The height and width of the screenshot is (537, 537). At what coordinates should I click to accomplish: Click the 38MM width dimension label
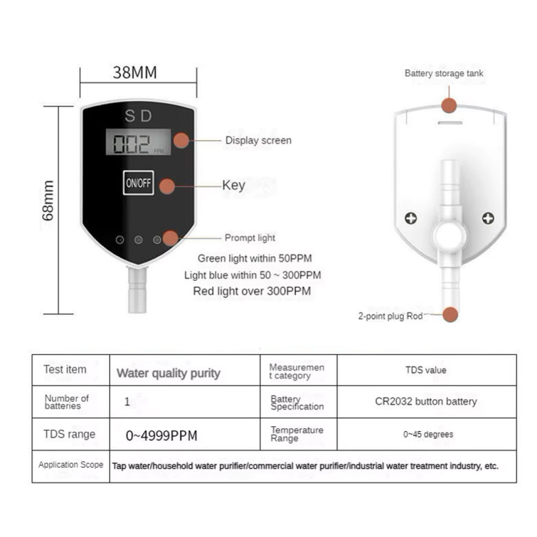[135, 72]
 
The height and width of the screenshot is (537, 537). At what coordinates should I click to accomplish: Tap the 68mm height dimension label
[48, 201]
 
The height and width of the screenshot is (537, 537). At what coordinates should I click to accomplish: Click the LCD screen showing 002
[139, 142]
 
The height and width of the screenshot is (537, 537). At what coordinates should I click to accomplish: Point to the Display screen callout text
[258, 140]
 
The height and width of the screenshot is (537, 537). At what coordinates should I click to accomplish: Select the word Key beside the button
[234, 185]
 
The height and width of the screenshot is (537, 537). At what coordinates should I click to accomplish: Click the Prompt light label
[250, 238]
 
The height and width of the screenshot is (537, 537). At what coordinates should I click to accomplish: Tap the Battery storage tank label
[444, 73]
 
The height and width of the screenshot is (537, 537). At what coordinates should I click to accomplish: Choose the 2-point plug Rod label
[390, 316]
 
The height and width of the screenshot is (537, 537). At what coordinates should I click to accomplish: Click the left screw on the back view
[411, 218]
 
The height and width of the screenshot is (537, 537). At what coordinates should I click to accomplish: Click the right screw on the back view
[488, 218]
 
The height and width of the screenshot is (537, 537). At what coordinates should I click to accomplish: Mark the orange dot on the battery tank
[449, 105]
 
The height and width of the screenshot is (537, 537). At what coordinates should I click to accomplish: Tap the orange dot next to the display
[181, 140]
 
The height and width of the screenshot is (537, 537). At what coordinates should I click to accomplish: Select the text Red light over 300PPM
[252, 292]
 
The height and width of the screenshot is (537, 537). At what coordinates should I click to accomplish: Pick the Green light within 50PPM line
[255, 258]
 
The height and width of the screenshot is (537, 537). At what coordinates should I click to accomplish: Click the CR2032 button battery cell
[426, 401]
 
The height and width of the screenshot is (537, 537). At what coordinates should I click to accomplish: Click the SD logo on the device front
[139, 116]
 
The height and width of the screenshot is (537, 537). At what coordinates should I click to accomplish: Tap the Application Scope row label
[71, 465]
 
